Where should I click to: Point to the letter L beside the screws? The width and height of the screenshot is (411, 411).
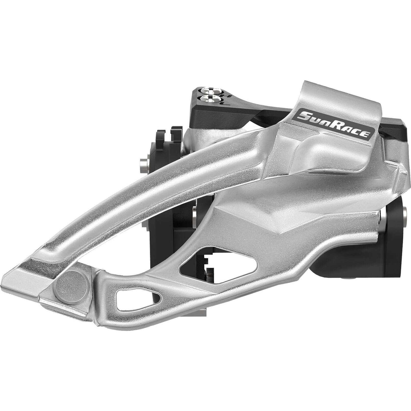pyautogui.click(x=228, y=103)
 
